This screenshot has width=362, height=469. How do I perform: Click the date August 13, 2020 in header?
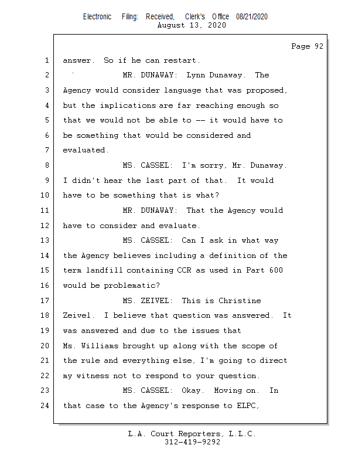pos(192,25)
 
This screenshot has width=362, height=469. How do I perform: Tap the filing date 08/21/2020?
pos(252,17)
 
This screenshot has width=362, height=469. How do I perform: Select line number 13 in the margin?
pos(46,240)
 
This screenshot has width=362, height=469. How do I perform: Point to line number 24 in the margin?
pos(46,405)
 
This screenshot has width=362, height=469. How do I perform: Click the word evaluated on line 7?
pos(86,150)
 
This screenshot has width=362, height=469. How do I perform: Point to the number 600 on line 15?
pos(275,270)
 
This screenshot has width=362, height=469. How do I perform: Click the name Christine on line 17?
pos(239,301)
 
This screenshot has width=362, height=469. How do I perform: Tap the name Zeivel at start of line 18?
pos(77,315)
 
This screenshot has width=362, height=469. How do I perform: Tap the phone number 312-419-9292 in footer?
pos(192,442)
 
